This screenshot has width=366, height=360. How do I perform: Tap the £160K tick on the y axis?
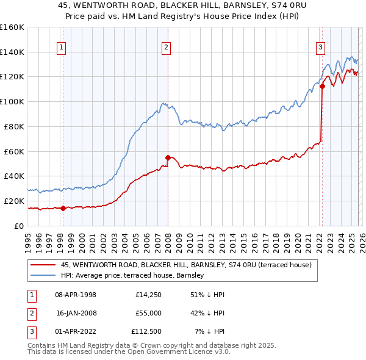pyautogui.click(x=12, y=27)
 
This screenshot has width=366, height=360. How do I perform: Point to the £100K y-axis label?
pyautogui.click(x=12, y=102)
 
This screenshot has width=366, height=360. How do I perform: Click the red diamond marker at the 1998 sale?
pyautogui.click(x=63, y=208)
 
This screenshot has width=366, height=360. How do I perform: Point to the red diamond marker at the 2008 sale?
pyautogui.click(x=168, y=157)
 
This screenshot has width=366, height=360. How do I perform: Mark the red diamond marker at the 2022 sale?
pyautogui.click(x=322, y=87)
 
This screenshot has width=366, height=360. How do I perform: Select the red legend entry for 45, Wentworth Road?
pyautogui.click(x=186, y=265)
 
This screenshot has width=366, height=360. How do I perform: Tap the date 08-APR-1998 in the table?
pyautogui.click(x=76, y=295)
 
